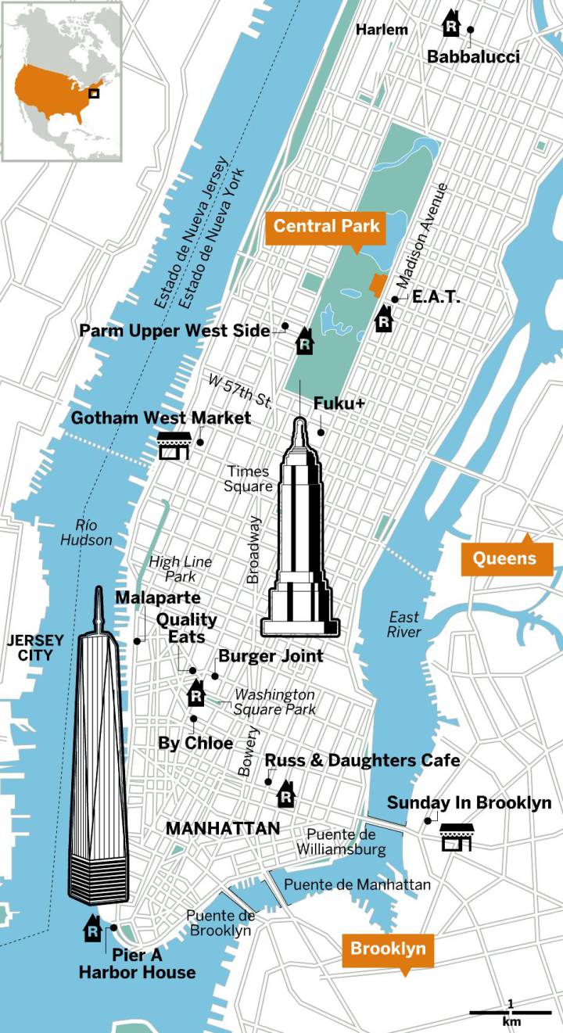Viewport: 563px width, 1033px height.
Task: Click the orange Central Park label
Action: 326,227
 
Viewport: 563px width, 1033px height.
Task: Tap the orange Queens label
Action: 505,558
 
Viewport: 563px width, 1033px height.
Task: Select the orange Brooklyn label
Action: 388,949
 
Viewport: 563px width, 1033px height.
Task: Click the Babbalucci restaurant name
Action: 473,56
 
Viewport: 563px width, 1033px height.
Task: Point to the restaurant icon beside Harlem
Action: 451,23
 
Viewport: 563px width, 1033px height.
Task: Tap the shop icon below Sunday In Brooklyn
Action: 455,837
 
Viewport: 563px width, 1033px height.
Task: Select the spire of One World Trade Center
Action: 99,610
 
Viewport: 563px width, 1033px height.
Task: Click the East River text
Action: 403,624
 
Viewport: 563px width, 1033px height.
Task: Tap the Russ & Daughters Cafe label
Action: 362,760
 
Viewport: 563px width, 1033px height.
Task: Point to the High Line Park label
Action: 180,569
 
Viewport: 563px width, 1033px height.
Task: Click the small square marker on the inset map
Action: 94,93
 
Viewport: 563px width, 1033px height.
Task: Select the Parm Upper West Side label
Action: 174,331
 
